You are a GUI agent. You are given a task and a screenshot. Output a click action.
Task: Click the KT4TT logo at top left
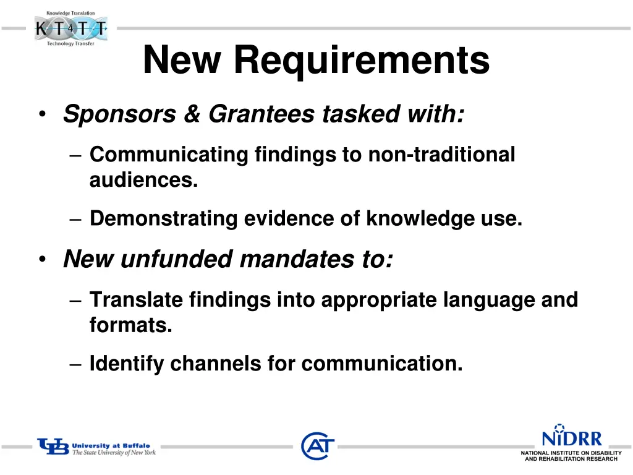[71, 28]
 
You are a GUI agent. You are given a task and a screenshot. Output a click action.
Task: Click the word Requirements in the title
[362, 61]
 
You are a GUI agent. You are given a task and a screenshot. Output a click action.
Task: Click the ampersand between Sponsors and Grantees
[191, 114]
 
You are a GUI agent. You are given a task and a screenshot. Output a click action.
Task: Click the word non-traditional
[441, 155]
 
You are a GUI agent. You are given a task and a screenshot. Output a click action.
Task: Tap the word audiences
[143, 181]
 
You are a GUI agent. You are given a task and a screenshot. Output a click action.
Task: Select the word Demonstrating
[163, 219]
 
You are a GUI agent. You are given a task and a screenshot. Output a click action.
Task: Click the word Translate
[136, 300]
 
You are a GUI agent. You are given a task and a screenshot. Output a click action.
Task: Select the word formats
[130, 325]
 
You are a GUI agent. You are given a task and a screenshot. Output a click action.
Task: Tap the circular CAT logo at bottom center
[318, 446]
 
